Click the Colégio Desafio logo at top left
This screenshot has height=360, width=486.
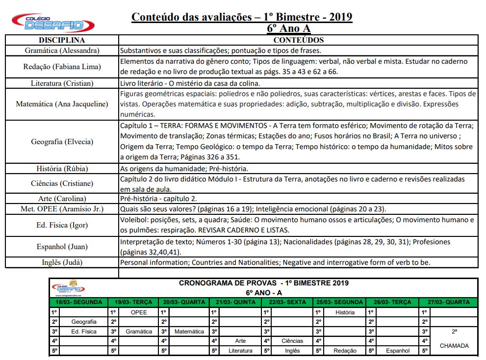(53, 23)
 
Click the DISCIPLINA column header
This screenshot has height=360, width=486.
(62, 40)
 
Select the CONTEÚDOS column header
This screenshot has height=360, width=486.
(298, 40)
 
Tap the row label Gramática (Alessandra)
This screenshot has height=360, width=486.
(62, 51)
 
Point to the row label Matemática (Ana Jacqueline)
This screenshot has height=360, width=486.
(62, 104)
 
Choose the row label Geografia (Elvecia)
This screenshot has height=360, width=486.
(62, 142)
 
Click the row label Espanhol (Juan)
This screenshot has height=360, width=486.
(62, 247)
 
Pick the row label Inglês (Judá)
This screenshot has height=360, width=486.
(62, 262)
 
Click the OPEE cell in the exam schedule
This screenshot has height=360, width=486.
(139, 312)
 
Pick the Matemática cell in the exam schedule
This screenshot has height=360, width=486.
(189, 332)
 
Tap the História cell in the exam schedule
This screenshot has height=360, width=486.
(345, 312)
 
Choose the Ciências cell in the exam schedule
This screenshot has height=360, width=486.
(292, 341)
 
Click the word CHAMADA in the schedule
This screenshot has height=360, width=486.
(454, 346)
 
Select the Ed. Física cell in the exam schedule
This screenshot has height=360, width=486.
(83, 332)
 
